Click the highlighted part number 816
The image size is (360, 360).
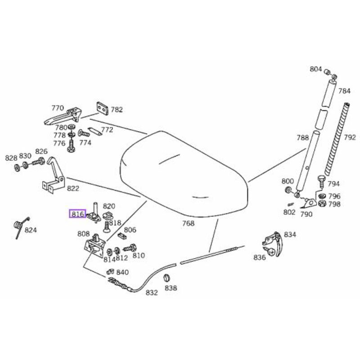(77, 214)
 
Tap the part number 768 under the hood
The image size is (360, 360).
(188, 224)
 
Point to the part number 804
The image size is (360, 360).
(316, 69)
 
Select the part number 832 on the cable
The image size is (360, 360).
(152, 292)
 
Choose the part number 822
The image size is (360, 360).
(73, 189)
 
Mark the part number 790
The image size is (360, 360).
(306, 214)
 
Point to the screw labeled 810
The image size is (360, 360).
(130, 247)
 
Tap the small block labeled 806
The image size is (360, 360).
(121, 235)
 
